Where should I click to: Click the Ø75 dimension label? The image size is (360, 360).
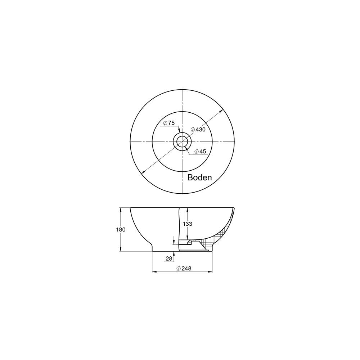pos(169,123)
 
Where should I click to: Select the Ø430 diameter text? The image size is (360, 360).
pos(198,130)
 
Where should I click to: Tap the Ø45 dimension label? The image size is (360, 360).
pos(200,152)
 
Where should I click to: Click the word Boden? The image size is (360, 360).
pos(199,177)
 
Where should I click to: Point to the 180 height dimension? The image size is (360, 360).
pos(121,230)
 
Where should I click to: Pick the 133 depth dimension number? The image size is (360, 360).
pos(187,224)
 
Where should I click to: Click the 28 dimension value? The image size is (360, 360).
pos(169,258)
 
